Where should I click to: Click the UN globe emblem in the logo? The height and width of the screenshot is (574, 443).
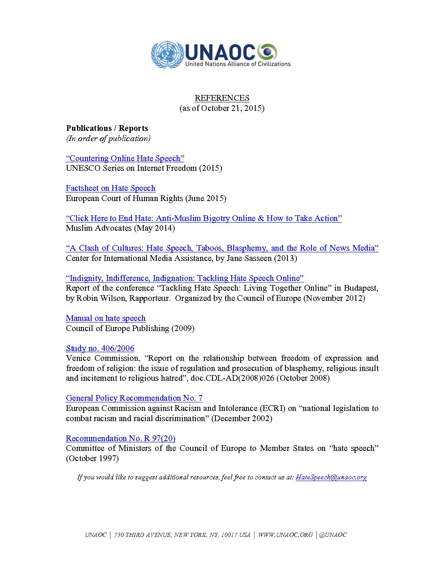click(x=167, y=55)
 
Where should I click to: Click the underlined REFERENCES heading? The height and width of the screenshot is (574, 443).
click(x=222, y=98)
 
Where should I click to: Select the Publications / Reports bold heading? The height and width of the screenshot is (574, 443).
click(x=107, y=128)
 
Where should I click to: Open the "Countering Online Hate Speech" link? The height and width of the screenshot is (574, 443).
click(x=125, y=159)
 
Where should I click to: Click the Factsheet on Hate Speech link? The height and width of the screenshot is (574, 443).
click(x=110, y=188)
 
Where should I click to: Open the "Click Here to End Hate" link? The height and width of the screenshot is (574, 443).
click(x=204, y=219)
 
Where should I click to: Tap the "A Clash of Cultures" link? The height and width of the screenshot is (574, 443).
click(x=222, y=248)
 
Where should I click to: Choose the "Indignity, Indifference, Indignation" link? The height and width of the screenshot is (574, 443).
click(x=184, y=278)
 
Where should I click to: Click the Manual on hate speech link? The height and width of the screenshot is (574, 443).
click(x=105, y=318)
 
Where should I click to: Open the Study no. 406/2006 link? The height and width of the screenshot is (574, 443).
click(x=100, y=349)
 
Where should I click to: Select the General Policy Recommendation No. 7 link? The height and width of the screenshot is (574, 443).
click(x=134, y=398)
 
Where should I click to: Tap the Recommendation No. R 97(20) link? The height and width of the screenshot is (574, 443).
click(x=121, y=439)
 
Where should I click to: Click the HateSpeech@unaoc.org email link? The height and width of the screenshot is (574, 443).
click(x=331, y=477)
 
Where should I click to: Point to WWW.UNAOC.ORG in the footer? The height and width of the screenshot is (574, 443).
click(x=285, y=535)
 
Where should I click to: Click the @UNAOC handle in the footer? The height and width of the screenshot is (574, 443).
click(x=333, y=535)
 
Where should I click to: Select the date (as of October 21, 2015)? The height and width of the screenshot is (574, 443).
click(x=222, y=108)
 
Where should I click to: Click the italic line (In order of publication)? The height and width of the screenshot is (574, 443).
click(x=108, y=139)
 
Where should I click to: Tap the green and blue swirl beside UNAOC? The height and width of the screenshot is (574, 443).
click(x=268, y=52)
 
